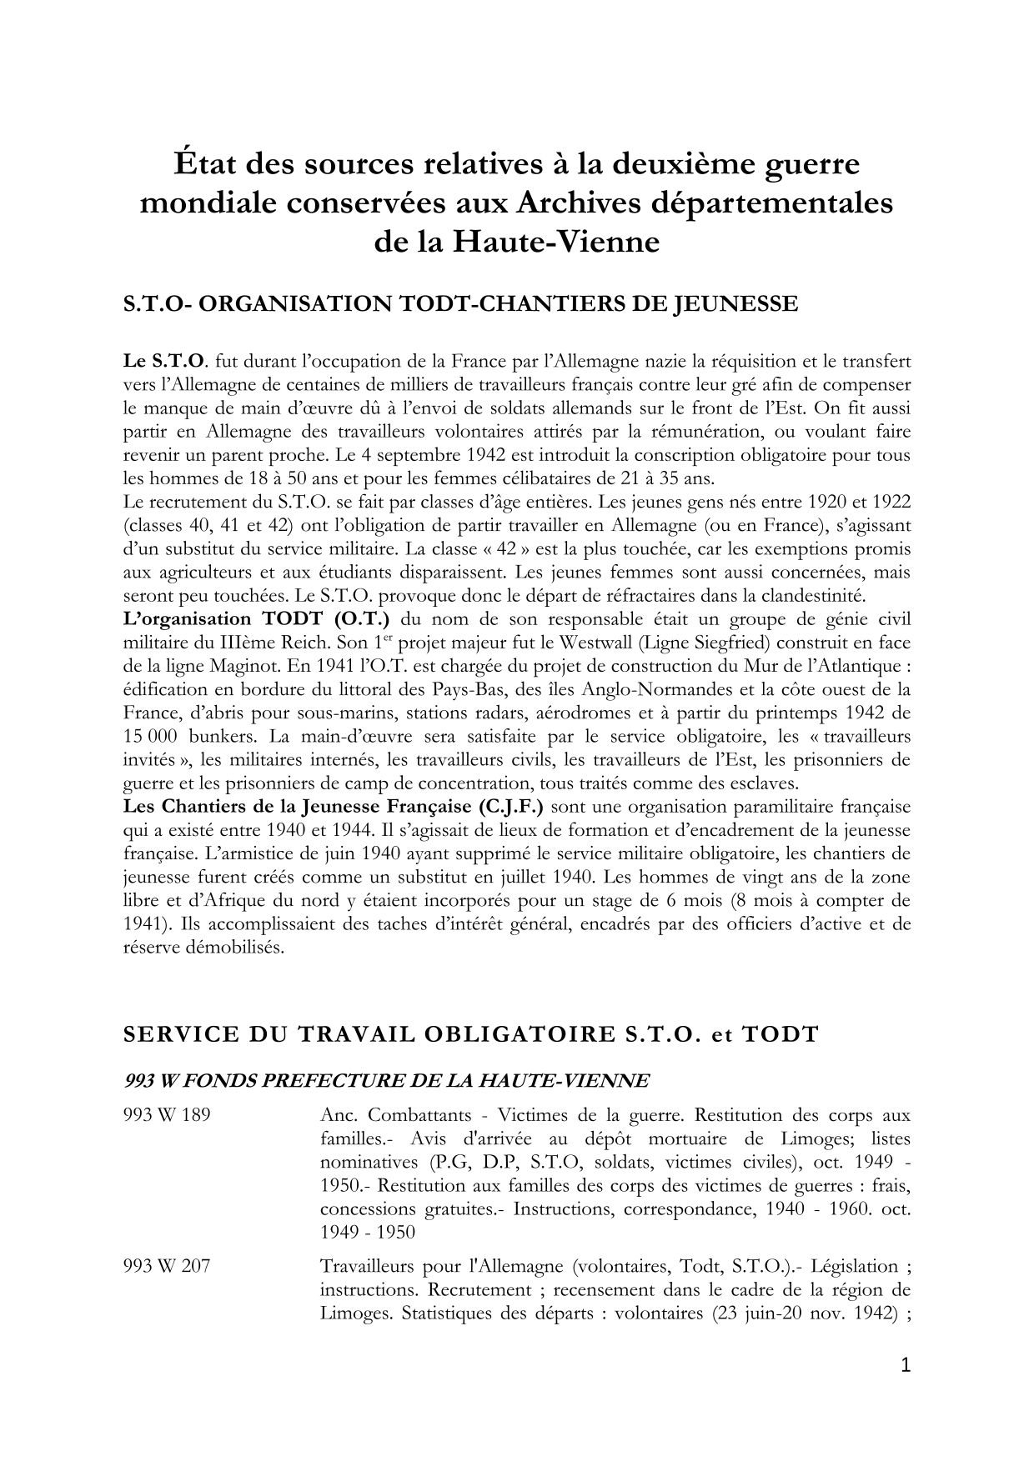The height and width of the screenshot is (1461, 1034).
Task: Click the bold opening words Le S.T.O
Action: [163, 362]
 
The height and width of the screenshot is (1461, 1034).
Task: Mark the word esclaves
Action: [763, 784]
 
